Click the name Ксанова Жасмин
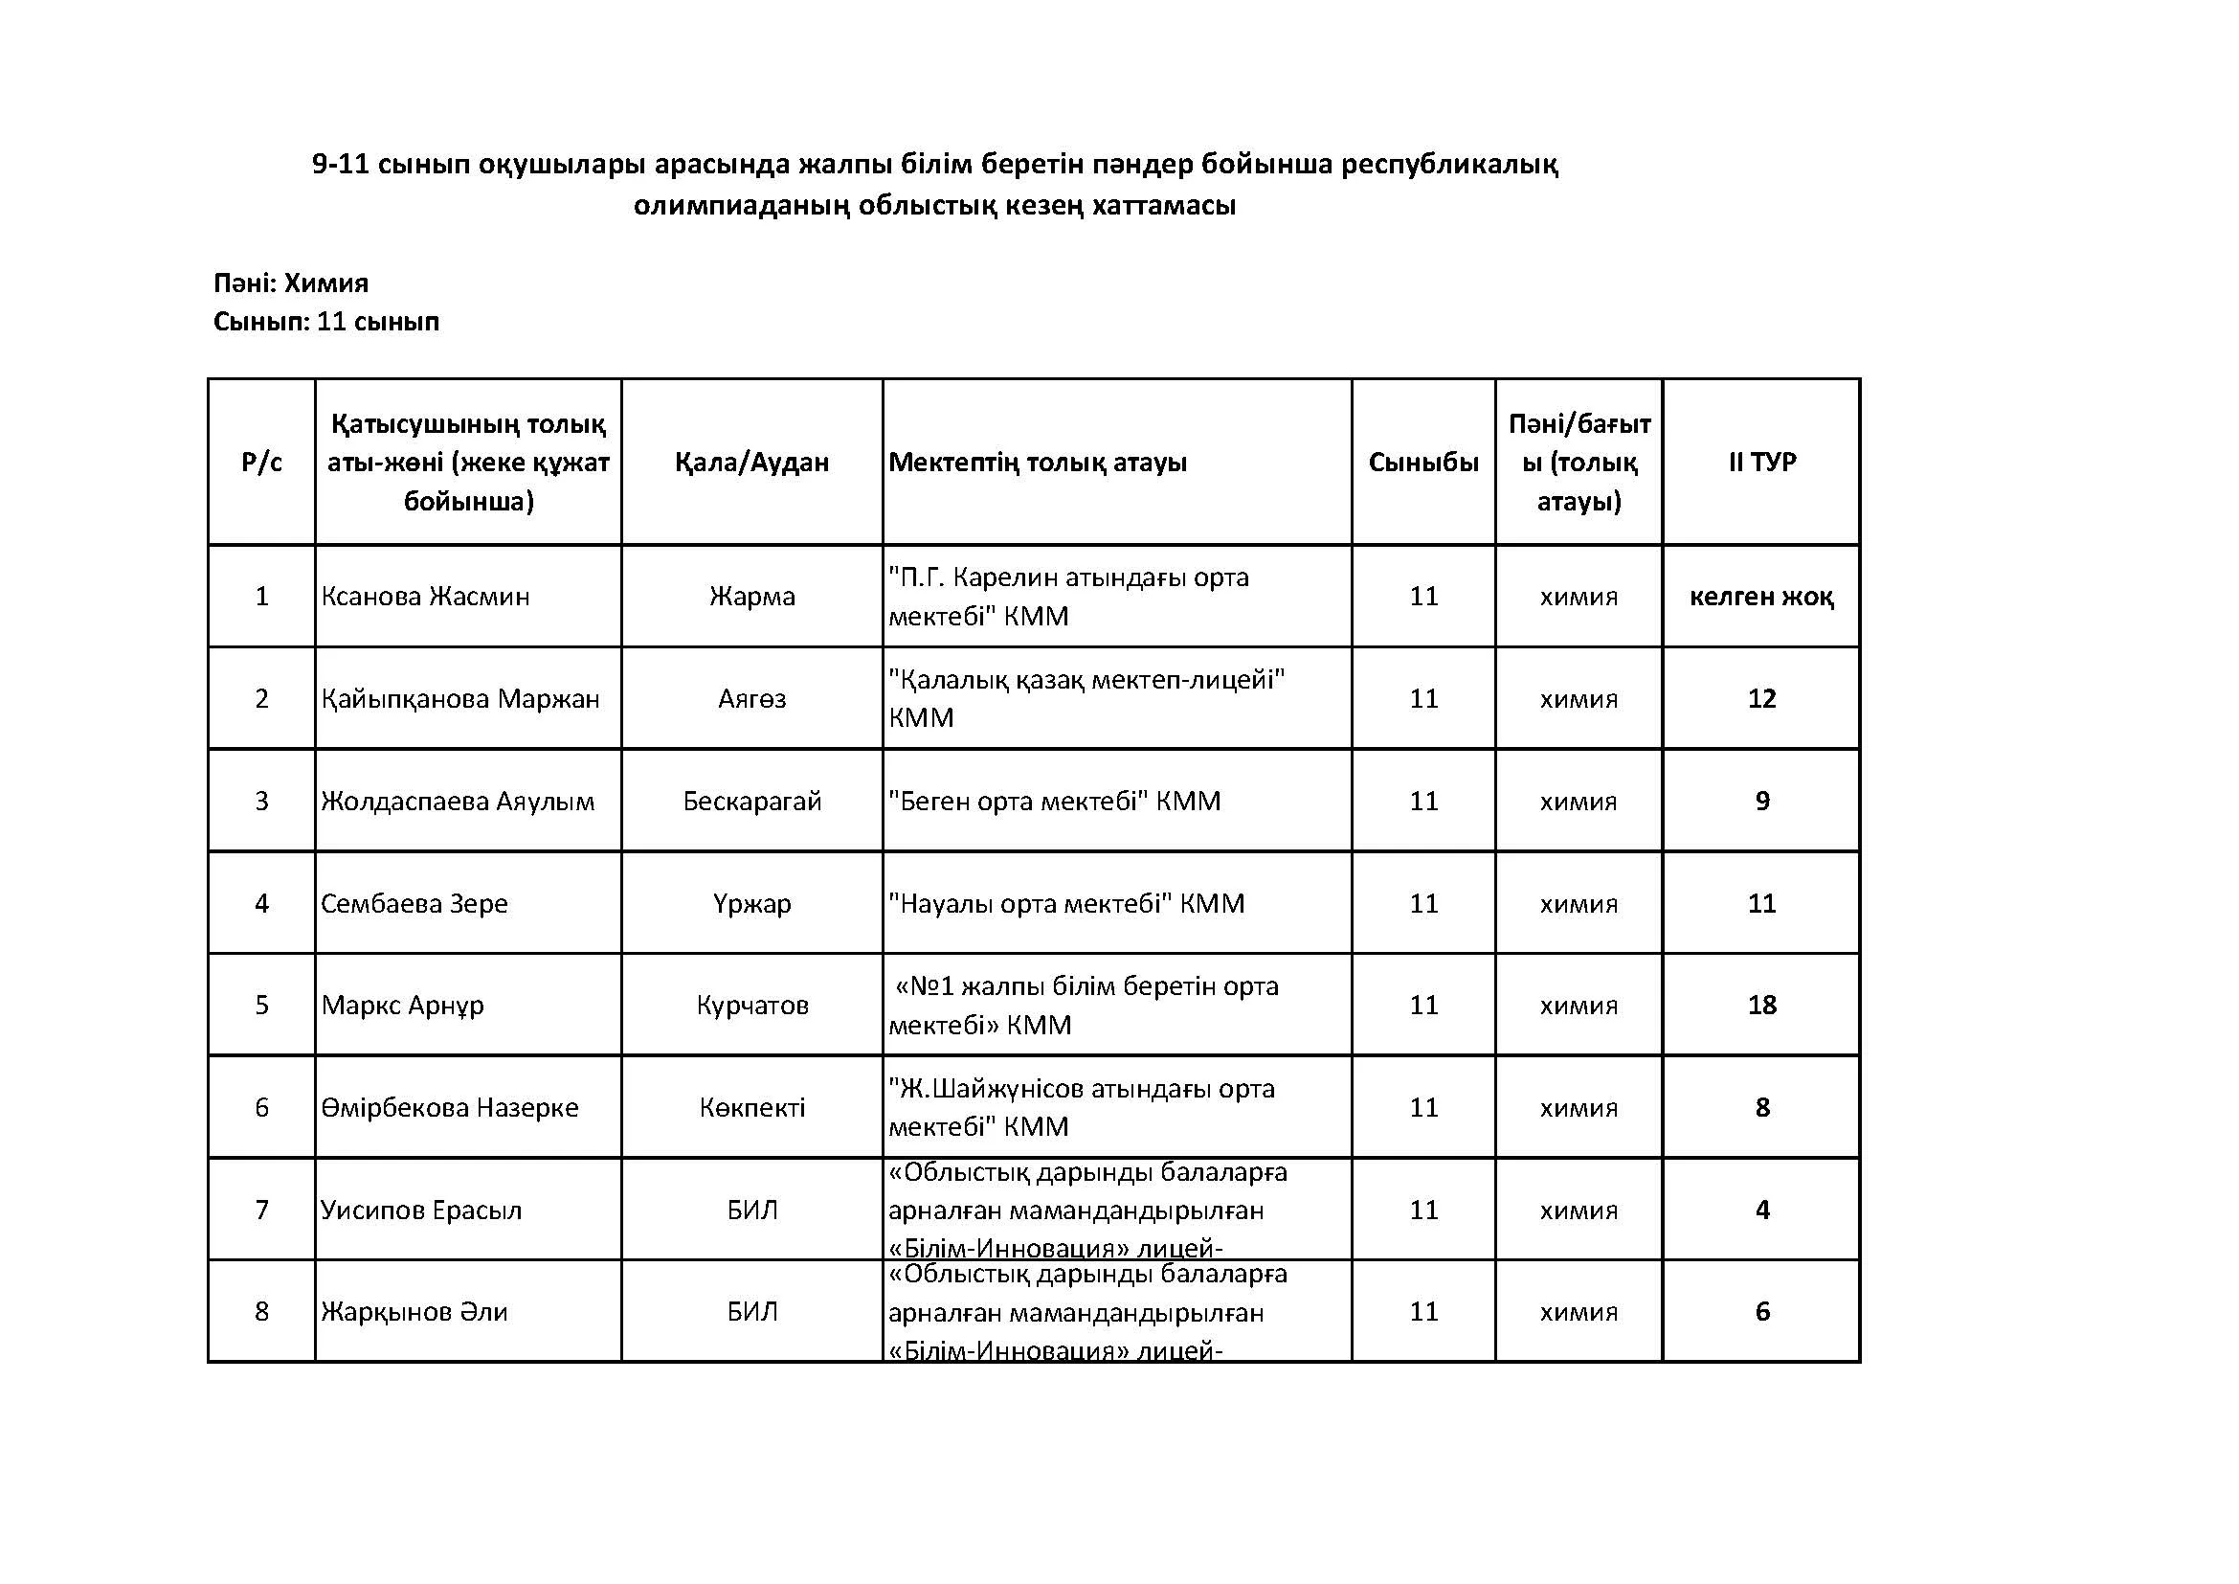click(x=425, y=596)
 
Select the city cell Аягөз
click(x=751, y=698)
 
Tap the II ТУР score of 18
click(x=1761, y=1005)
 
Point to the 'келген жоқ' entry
click(x=1761, y=596)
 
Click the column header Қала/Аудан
click(x=751, y=462)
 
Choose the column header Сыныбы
click(x=1422, y=462)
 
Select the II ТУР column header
click(x=1761, y=462)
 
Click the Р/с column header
click(x=261, y=462)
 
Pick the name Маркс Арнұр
click(x=403, y=1005)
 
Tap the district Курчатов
click(x=751, y=1005)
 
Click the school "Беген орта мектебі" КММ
click(x=1054, y=801)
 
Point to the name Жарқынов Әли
click(x=414, y=1311)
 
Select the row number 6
click(x=261, y=1107)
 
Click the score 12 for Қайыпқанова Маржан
click(x=1761, y=698)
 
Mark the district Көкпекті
click(x=751, y=1107)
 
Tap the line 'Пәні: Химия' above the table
click(x=291, y=283)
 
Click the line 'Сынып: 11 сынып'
click(x=325, y=321)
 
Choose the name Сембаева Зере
click(x=414, y=903)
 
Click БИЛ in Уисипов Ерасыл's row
click(x=751, y=1210)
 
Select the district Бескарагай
click(x=751, y=801)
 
